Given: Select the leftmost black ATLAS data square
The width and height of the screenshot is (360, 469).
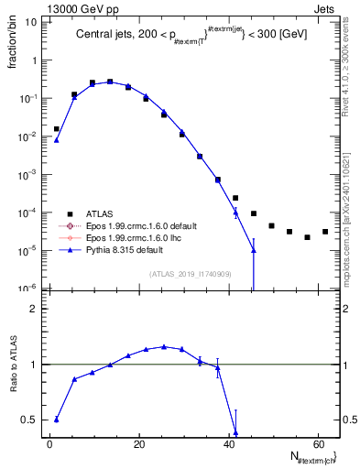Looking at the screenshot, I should (57, 129).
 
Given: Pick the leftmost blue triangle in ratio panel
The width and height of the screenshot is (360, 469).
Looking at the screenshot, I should (57, 420).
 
